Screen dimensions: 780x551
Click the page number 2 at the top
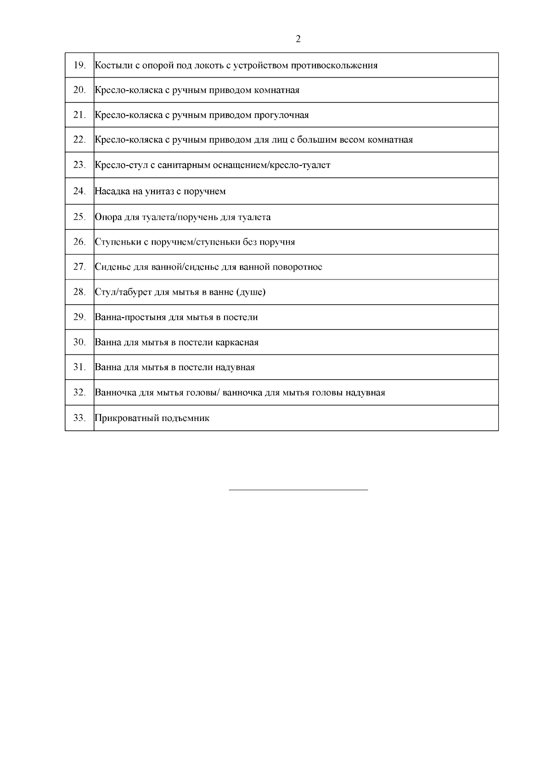coord(298,39)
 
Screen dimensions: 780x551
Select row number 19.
coord(79,65)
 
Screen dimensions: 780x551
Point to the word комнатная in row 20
coord(276,90)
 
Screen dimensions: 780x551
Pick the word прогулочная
coord(281,115)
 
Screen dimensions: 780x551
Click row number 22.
coord(79,139)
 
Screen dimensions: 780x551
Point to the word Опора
coord(108,217)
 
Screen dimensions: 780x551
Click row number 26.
coord(79,241)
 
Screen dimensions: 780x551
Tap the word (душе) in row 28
coord(251,292)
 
